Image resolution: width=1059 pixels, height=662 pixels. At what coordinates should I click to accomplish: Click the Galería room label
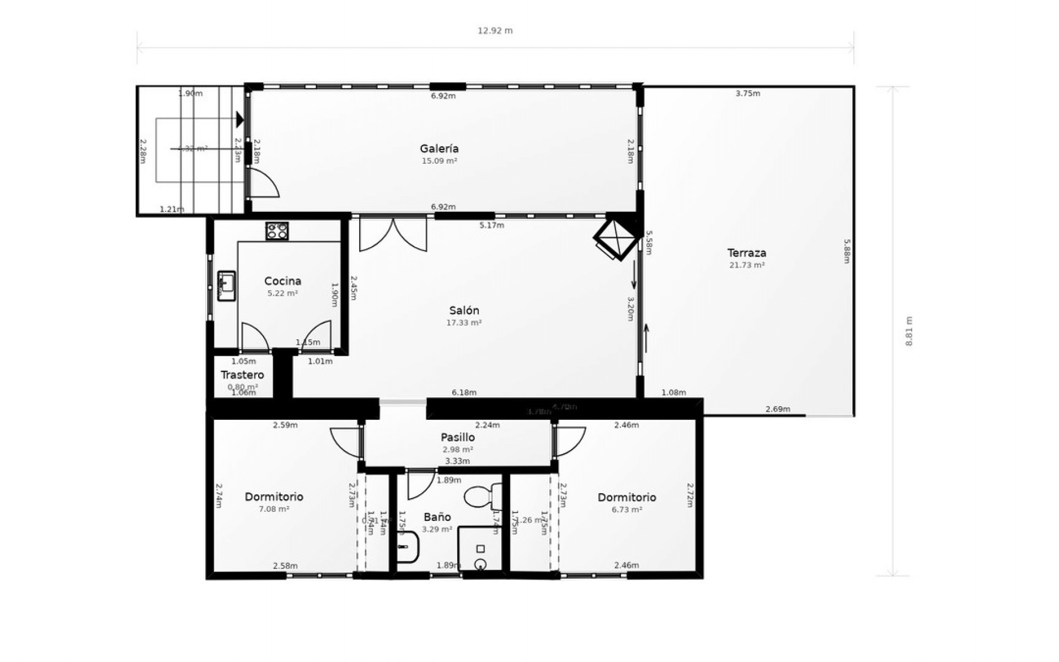pos(439,148)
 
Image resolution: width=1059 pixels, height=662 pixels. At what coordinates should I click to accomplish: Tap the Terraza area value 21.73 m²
pos(747,265)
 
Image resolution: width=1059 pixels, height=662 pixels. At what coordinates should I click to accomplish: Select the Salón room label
pos(464,311)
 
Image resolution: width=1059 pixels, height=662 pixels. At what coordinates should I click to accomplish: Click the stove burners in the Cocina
pos(277,231)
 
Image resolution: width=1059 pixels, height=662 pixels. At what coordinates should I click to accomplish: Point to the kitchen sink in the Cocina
pos(226,285)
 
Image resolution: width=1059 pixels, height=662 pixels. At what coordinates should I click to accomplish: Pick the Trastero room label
pos(242,375)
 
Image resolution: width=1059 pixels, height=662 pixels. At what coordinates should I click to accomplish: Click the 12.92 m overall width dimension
pos(495,31)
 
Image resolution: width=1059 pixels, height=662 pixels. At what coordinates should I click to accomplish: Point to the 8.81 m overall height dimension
pos(909,331)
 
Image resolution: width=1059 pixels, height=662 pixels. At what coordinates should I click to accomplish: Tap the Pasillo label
pos(457,437)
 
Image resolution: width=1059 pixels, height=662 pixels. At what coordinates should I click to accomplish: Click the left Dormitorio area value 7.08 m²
pos(274,509)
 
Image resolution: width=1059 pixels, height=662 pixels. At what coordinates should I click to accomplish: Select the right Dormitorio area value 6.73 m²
pos(627,510)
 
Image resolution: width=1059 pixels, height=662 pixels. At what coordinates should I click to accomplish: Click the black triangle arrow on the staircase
pos(239,119)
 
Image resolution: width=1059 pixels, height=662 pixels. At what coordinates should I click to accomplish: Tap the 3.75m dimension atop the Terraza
pos(747,94)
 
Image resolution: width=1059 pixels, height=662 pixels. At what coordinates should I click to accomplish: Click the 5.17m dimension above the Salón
pos(491,225)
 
